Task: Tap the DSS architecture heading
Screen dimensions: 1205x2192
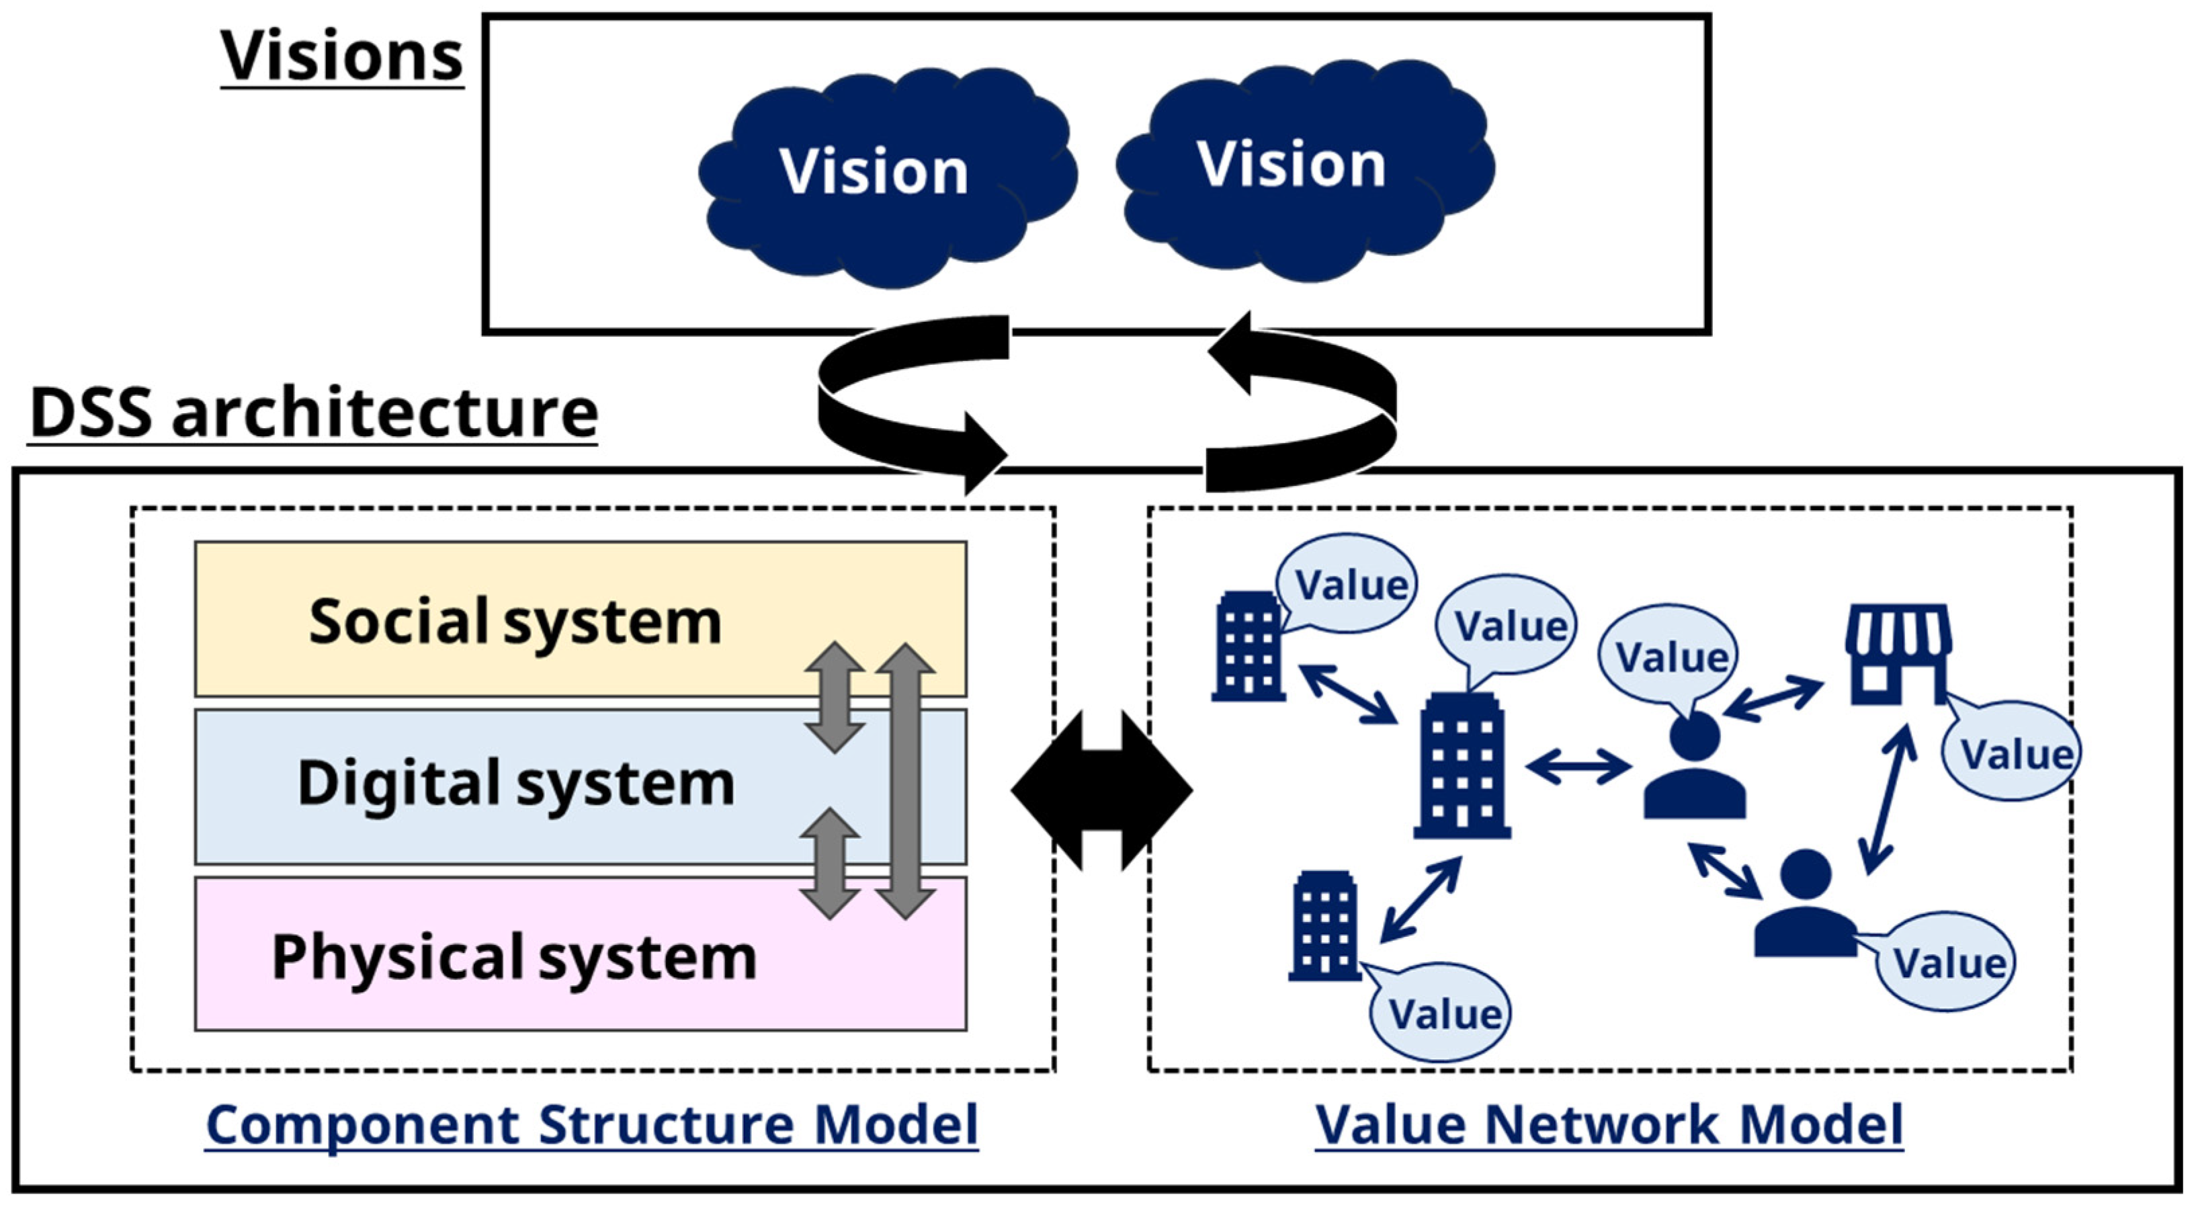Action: [313, 413]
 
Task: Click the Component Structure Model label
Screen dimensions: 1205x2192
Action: [592, 1125]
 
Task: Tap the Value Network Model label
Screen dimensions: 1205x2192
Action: [1608, 1125]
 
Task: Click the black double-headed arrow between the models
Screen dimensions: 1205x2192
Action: [1102, 790]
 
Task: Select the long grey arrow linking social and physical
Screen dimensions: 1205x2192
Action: [905, 781]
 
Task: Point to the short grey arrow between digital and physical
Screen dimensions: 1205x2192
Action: [830, 863]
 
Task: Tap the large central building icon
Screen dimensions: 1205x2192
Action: [1462, 766]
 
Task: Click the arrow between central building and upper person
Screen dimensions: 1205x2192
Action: [1579, 767]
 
